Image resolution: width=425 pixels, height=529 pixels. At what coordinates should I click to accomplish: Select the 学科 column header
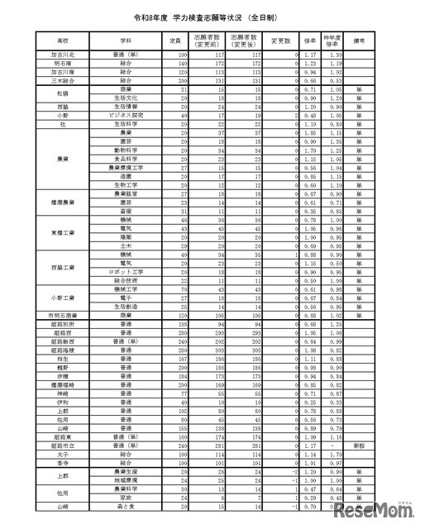pos(126,40)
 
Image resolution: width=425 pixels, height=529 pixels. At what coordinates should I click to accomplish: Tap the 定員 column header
pos(174,40)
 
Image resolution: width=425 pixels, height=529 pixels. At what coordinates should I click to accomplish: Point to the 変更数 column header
pos(283,40)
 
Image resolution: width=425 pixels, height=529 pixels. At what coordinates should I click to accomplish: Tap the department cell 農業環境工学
pos(126,167)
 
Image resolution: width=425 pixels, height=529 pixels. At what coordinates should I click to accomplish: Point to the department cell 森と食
pos(126,506)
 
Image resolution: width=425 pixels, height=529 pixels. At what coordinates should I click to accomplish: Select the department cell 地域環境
pos(126,479)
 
